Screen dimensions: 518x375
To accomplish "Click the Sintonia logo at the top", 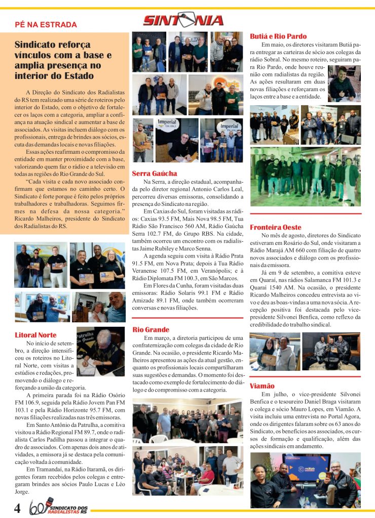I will click(x=183, y=20).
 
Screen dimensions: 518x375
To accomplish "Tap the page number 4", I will click(x=17, y=507).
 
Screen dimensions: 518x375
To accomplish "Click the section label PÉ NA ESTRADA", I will click(x=46, y=24).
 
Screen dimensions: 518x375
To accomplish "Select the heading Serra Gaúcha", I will click(x=155, y=174).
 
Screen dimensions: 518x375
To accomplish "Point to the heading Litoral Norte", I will click(x=35, y=335).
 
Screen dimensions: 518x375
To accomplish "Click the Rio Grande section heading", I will click(x=151, y=330).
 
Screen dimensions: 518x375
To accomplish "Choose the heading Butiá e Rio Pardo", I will click(x=278, y=36).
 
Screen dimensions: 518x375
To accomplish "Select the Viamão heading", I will click(x=262, y=386).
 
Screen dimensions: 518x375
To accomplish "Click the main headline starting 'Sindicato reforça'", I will click(x=63, y=61).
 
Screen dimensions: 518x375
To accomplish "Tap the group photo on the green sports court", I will click(x=305, y=177).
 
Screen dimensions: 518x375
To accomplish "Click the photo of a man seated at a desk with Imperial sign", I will click(x=176, y=140).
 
